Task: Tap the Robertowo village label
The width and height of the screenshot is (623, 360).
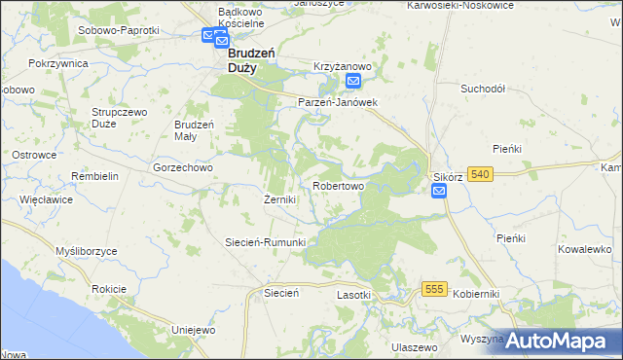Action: tap(338, 185)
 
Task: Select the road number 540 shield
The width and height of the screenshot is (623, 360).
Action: tap(479, 174)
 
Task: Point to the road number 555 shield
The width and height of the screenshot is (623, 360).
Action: tap(435, 289)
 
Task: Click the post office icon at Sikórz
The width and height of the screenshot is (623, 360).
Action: tap(439, 193)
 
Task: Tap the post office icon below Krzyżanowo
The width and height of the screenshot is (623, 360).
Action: tap(353, 83)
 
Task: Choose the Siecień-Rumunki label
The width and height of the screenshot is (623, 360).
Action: tap(266, 242)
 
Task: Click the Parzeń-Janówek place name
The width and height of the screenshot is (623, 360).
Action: tap(337, 101)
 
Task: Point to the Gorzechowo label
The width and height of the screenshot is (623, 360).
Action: tap(183, 167)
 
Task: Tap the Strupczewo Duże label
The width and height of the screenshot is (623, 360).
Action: tap(119, 118)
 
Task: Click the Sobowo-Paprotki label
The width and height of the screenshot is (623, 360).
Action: tap(118, 30)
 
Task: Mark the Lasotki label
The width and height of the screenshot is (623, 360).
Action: tap(354, 295)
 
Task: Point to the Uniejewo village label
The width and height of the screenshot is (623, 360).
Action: tap(192, 330)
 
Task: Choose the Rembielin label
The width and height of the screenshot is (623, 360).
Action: tap(94, 176)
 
